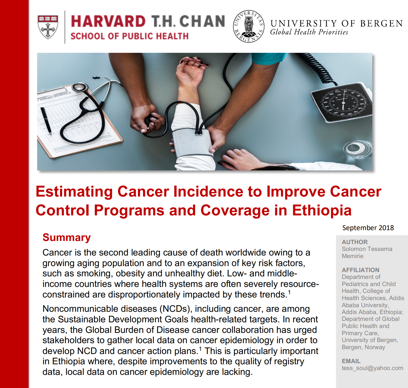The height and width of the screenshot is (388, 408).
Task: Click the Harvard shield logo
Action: (x=48, y=27)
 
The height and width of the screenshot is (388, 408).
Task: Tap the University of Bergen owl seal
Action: (x=249, y=26)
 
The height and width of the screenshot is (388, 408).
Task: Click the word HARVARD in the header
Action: (x=108, y=21)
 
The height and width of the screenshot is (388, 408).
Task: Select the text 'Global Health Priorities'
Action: (x=309, y=32)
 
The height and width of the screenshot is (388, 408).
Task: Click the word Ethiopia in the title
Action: (x=322, y=210)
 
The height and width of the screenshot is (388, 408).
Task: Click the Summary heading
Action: (x=67, y=238)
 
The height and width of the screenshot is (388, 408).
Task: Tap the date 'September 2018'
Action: (x=368, y=228)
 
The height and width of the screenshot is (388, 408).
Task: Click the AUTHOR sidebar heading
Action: (x=355, y=242)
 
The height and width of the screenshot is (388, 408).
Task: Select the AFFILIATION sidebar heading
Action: (x=361, y=270)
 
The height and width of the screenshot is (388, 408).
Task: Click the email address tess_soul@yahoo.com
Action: (x=372, y=368)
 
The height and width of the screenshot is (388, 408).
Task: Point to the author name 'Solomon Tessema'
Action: (x=367, y=249)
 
